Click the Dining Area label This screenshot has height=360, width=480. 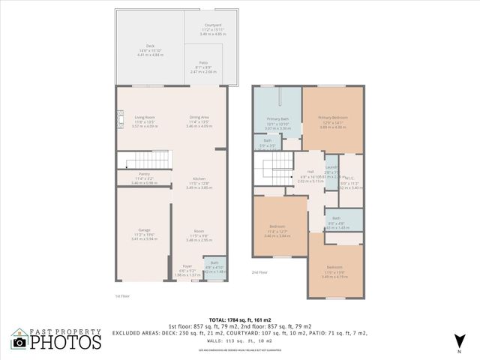pos(199,118)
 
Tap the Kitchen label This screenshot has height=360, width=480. pos(199,178)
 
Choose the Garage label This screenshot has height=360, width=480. pos(145,229)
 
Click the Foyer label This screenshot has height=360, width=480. pos(187,266)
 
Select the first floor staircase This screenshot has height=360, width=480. pos(139,159)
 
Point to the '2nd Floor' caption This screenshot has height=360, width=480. pos(259,271)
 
